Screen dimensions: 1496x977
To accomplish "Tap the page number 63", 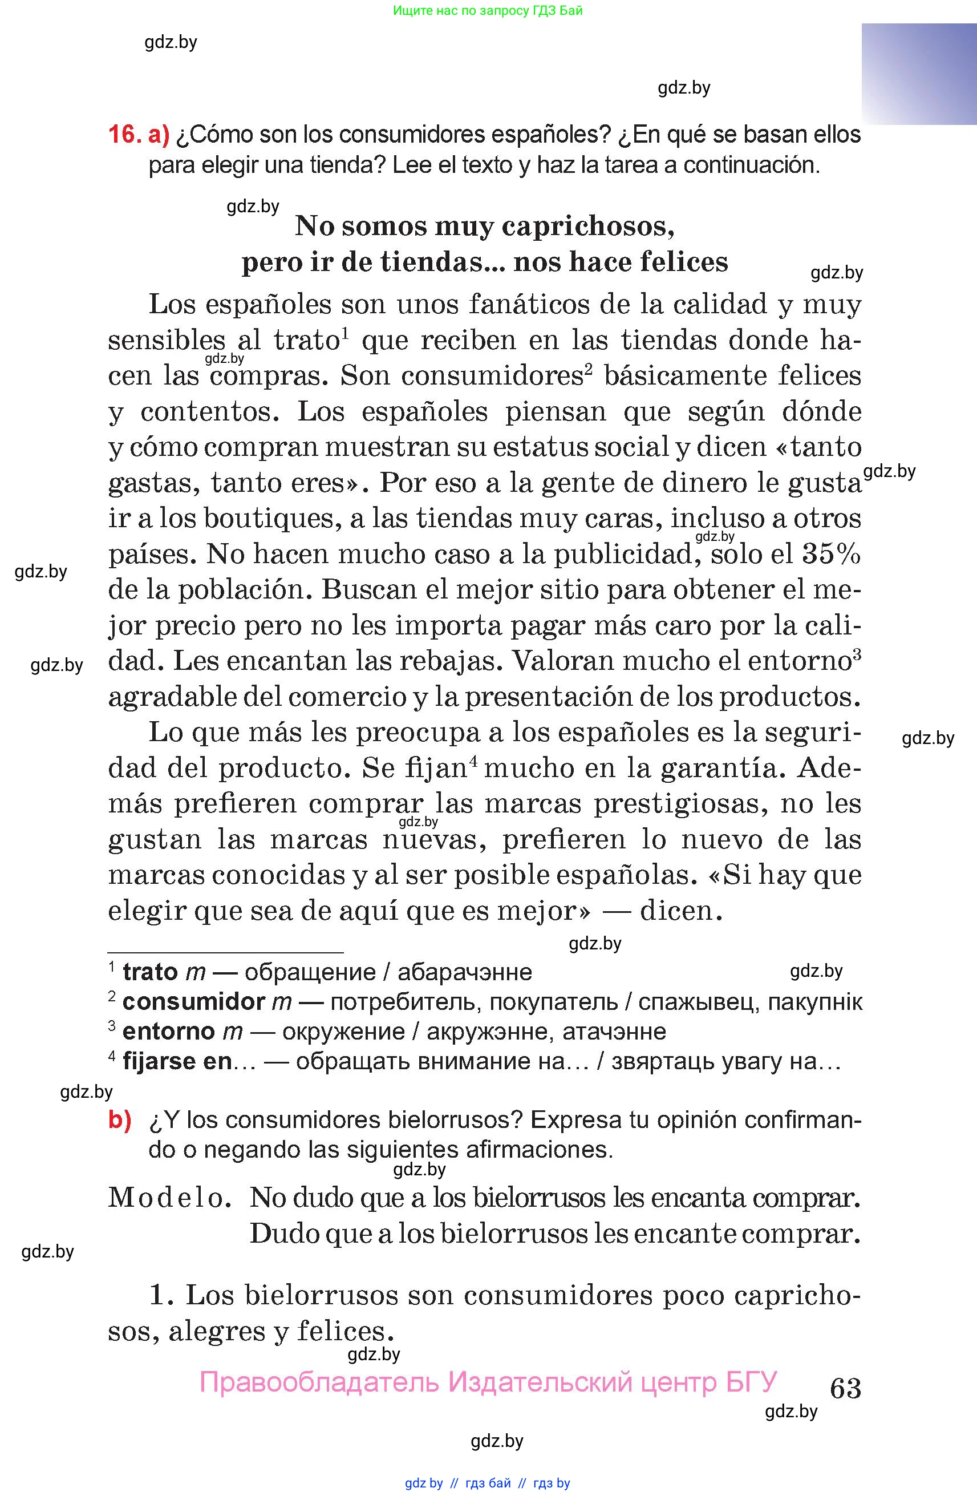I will coord(845,1388).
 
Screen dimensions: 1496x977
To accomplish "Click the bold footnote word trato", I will coord(150,972).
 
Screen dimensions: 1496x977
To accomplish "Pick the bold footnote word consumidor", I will coord(193,1002).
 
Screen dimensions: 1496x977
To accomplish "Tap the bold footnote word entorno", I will coord(168,1032).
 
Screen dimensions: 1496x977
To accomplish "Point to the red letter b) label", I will coord(120,1120).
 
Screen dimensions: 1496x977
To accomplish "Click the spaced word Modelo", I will coord(167,1198).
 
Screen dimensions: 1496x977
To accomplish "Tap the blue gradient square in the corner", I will coord(919,74).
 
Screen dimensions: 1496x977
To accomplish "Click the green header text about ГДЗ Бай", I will coord(488,11).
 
